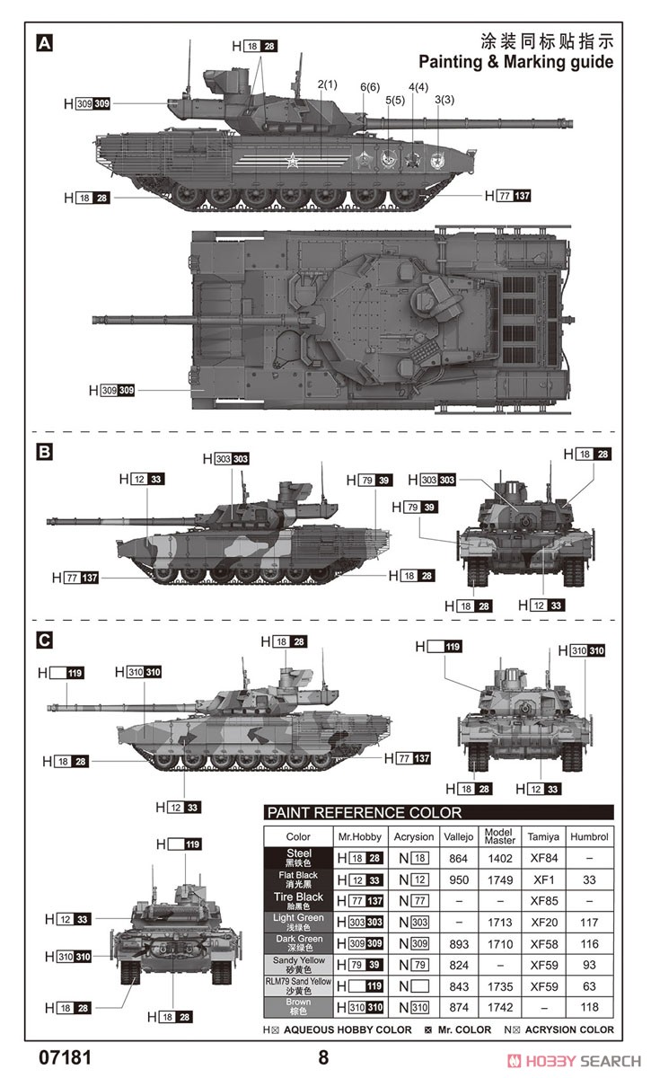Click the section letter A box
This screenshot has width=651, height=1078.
(x=44, y=43)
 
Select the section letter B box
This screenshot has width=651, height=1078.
(x=44, y=452)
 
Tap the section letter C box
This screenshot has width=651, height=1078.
(x=44, y=641)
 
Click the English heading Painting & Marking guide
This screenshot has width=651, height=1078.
(x=515, y=62)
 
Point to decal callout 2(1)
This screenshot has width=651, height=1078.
(x=327, y=84)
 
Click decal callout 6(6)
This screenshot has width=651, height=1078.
(x=370, y=87)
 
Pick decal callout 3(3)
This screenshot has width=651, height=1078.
(x=444, y=100)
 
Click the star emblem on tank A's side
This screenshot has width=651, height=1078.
(x=292, y=163)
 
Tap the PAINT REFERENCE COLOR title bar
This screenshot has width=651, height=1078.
(x=438, y=813)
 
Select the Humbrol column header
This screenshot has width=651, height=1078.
(x=589, y=836)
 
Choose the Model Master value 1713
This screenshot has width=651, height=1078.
(x=500, y=923)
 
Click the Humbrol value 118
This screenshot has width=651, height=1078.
(x=589, y=1007)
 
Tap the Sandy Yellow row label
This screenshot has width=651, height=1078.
(x=298, y=965)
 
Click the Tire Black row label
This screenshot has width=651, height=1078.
(x=298, y=901)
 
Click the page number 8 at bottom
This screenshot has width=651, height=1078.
(x=323, y=1056)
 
